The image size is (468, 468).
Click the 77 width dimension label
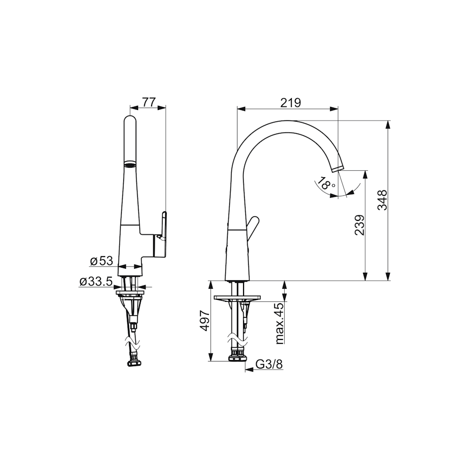[149, 102]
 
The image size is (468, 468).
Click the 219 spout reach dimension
[290, 102]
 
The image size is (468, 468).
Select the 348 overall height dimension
[382, 200]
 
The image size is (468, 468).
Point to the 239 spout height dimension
[360, 225]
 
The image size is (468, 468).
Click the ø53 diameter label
[101, 261]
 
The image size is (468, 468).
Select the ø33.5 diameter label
[96, 281]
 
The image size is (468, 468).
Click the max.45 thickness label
[279, 323]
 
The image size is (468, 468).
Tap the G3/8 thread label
[269, 364]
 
